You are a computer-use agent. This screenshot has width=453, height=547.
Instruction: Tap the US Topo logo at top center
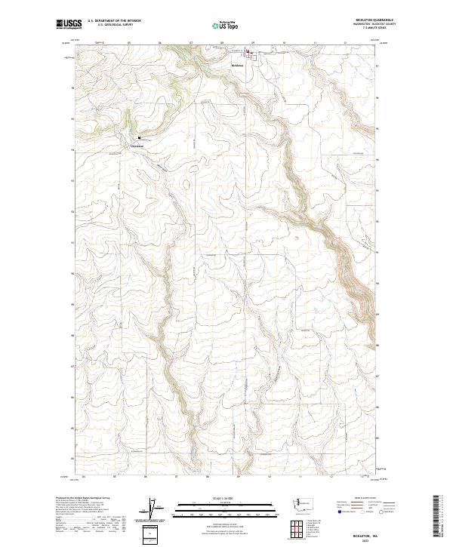pyautogui.click(x=226, y=26)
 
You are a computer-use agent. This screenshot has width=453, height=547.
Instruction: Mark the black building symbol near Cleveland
pyautogui.click(x=140, y=137)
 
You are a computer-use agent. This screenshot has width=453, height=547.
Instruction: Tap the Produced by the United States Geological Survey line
pyautogui.click(x=83, y=498)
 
